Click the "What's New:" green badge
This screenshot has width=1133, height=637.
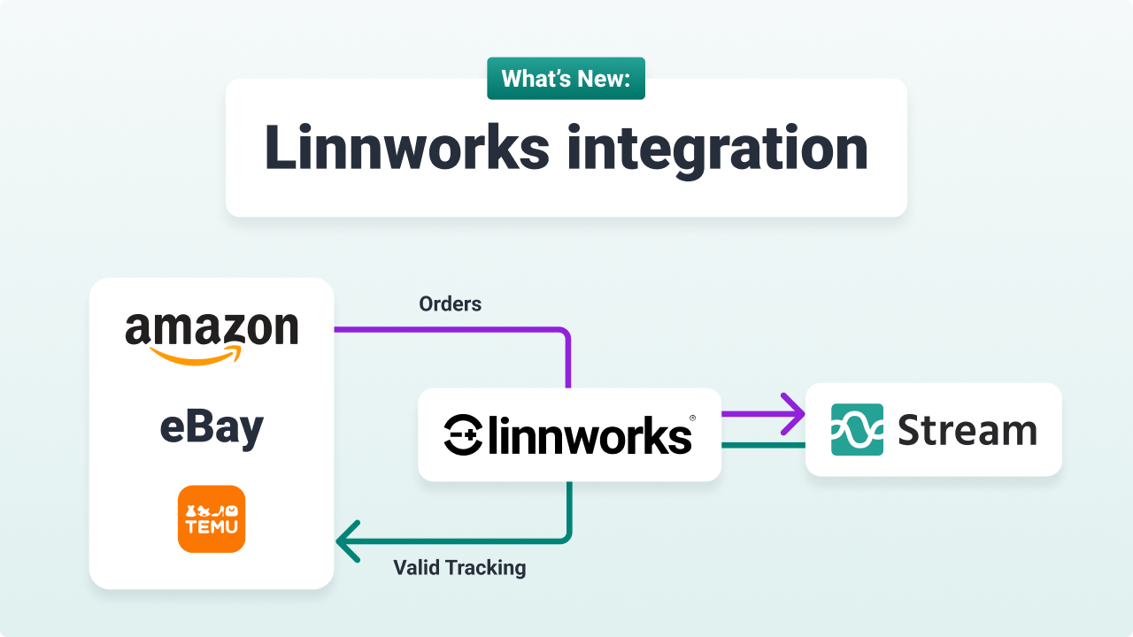coord(566,79)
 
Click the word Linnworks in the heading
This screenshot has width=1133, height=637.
coord(406,148)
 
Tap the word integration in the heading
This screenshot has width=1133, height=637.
coord(718,148)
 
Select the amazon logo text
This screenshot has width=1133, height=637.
coord(212,328)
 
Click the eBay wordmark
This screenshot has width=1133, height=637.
coord(212,428)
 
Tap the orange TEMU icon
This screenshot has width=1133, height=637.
coord(212,518)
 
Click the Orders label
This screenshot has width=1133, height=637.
coord(450,303)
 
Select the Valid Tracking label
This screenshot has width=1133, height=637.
coord(459,567)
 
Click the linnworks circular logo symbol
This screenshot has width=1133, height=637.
coord(462,435)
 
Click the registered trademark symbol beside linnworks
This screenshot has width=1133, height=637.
coord(692,418)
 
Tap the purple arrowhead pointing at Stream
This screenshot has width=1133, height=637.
coord(791,413)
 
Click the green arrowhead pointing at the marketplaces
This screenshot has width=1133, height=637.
coord(348,541)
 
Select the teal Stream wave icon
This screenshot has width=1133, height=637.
coord(857,430)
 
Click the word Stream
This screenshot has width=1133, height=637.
coord(967,431)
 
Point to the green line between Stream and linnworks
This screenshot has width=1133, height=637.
coord(763,445)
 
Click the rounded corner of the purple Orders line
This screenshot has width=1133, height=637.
coord(563,335)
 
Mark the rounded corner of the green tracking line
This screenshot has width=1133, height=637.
coord(563,534)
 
